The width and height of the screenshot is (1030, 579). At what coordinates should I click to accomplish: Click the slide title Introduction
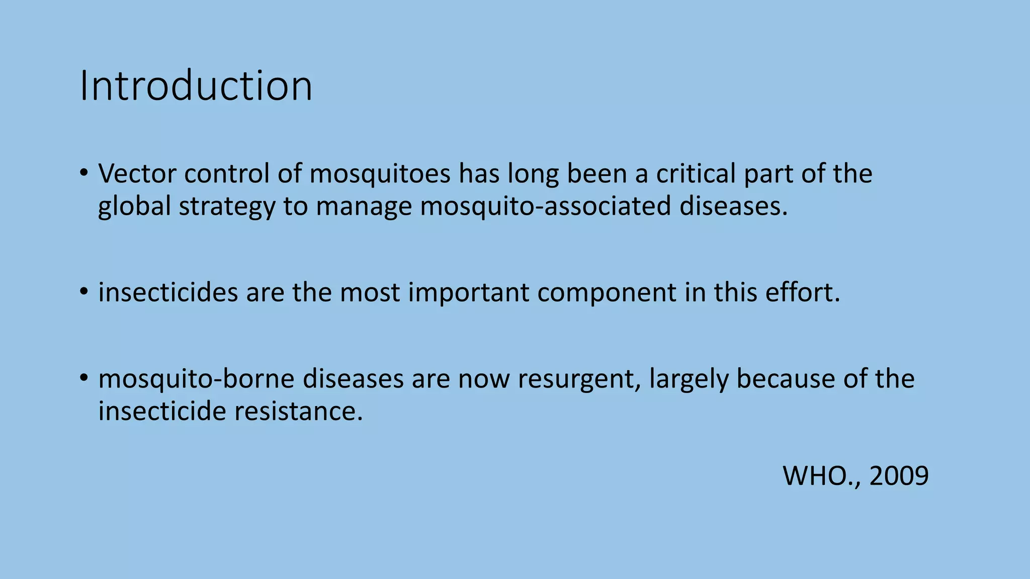[x=196, y=86]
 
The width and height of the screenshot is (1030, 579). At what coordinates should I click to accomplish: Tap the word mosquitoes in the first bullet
[x=379, y=174]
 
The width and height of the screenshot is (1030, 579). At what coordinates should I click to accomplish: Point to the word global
[x=134, y=207]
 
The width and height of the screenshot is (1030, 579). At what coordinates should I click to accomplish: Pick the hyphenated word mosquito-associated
[x=546, y=207]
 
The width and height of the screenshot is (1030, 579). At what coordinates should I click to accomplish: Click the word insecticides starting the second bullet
[x=167, y=293]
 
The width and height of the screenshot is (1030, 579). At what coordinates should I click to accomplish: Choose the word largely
[x=689, y=378]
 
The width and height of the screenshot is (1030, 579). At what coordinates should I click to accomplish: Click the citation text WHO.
[x=821, y=475]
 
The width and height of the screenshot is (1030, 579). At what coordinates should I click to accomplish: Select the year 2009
[x=899, y=475]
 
